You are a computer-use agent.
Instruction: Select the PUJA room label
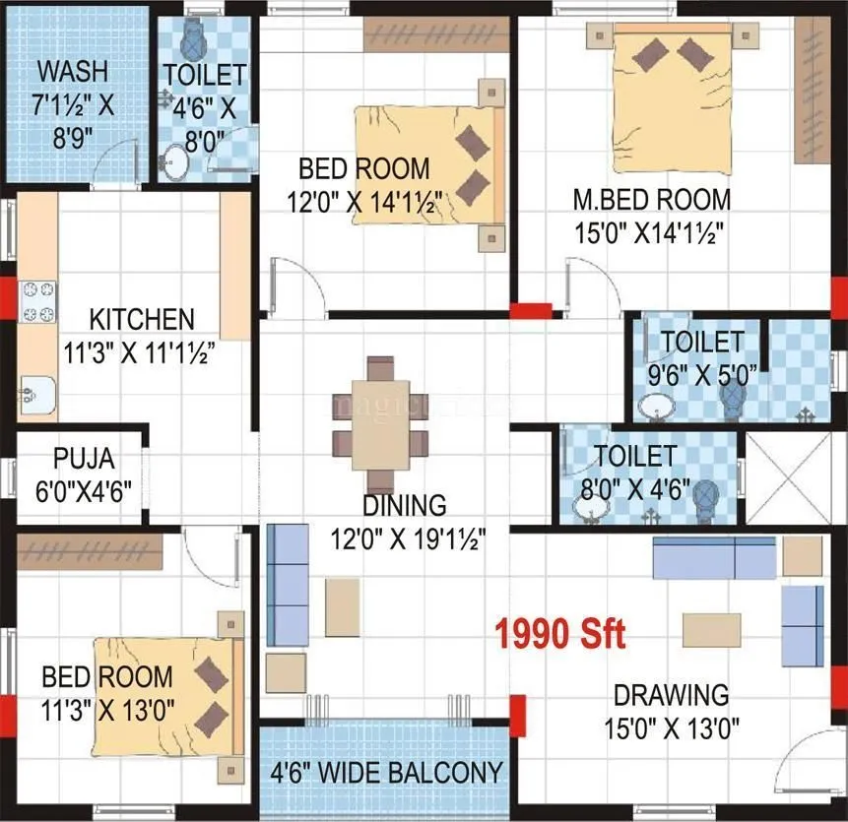click(84, 459)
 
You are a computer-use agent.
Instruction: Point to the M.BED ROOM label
click(652, 200)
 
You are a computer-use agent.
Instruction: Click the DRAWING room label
click(672, 695)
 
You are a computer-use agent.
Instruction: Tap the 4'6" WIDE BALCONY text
click(386, 772)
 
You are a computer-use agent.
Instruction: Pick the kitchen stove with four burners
click(38, 301)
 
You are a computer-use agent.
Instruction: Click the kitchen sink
click(35, 395)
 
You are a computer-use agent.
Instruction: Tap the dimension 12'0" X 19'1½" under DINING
click(406, 538)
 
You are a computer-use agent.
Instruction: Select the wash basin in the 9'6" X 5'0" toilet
click(653, 405)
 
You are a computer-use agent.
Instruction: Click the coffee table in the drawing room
click(711, 629)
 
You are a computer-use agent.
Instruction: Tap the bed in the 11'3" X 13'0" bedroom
click(168, 694)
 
